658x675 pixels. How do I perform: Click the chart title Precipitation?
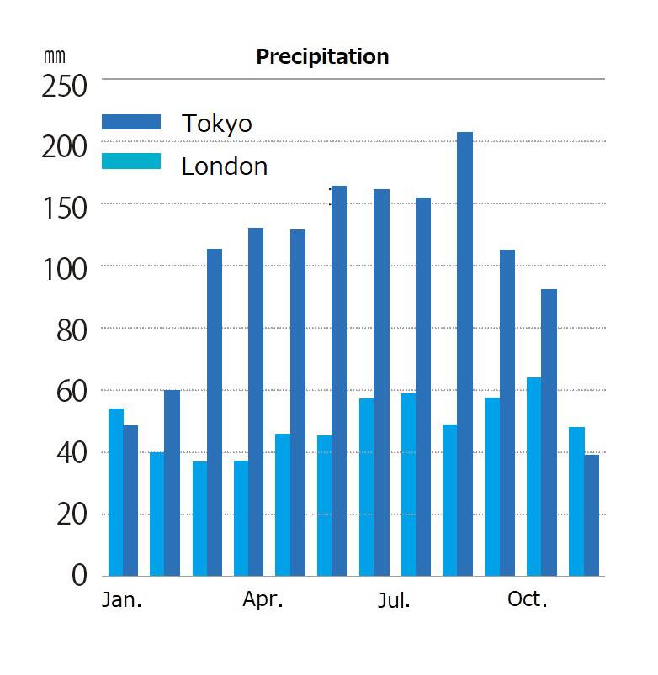[x=322, y=56]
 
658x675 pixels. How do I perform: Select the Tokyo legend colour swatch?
[x=130, y=122]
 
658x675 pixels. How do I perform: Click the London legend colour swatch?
[x=130, y=161]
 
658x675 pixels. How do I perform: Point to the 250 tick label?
[x=64, y=86]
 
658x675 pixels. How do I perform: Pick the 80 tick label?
[x=71, y=330]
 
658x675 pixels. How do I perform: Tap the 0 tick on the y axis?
[x=79, y=576]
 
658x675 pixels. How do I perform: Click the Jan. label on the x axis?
[x=122, y=600]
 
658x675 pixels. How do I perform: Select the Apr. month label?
[x=263, y=599]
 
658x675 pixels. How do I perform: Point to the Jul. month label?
[x=394, y=600]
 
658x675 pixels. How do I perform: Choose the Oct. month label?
[x=527, y=599]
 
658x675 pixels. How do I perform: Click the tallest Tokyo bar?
[x=464, y=353]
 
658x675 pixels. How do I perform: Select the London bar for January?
[x=116, y=492]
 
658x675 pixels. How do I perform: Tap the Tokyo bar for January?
[x=130, y=500]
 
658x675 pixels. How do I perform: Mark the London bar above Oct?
[x=533, y=477]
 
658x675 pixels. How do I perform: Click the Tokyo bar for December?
[x=592, y=514]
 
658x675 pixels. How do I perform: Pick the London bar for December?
[x=576, y=501]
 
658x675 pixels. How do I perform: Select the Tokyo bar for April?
[x=256, y=402]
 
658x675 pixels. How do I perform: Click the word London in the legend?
[x=225, y=166]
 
